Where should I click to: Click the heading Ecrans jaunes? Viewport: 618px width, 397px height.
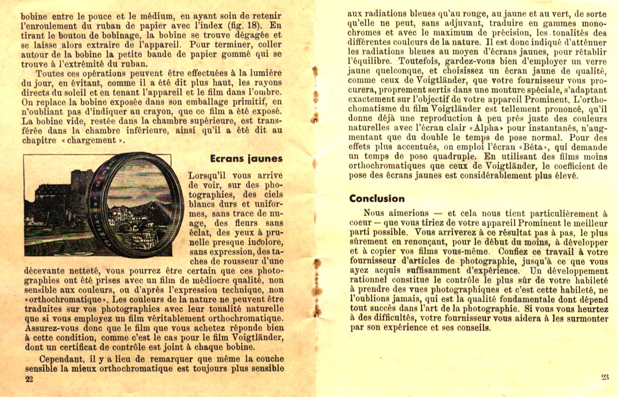(246, 159)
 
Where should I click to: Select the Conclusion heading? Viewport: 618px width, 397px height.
(377, 198)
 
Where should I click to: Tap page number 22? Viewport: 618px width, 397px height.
(29, 379)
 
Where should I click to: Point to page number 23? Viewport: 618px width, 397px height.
(605, 377)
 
